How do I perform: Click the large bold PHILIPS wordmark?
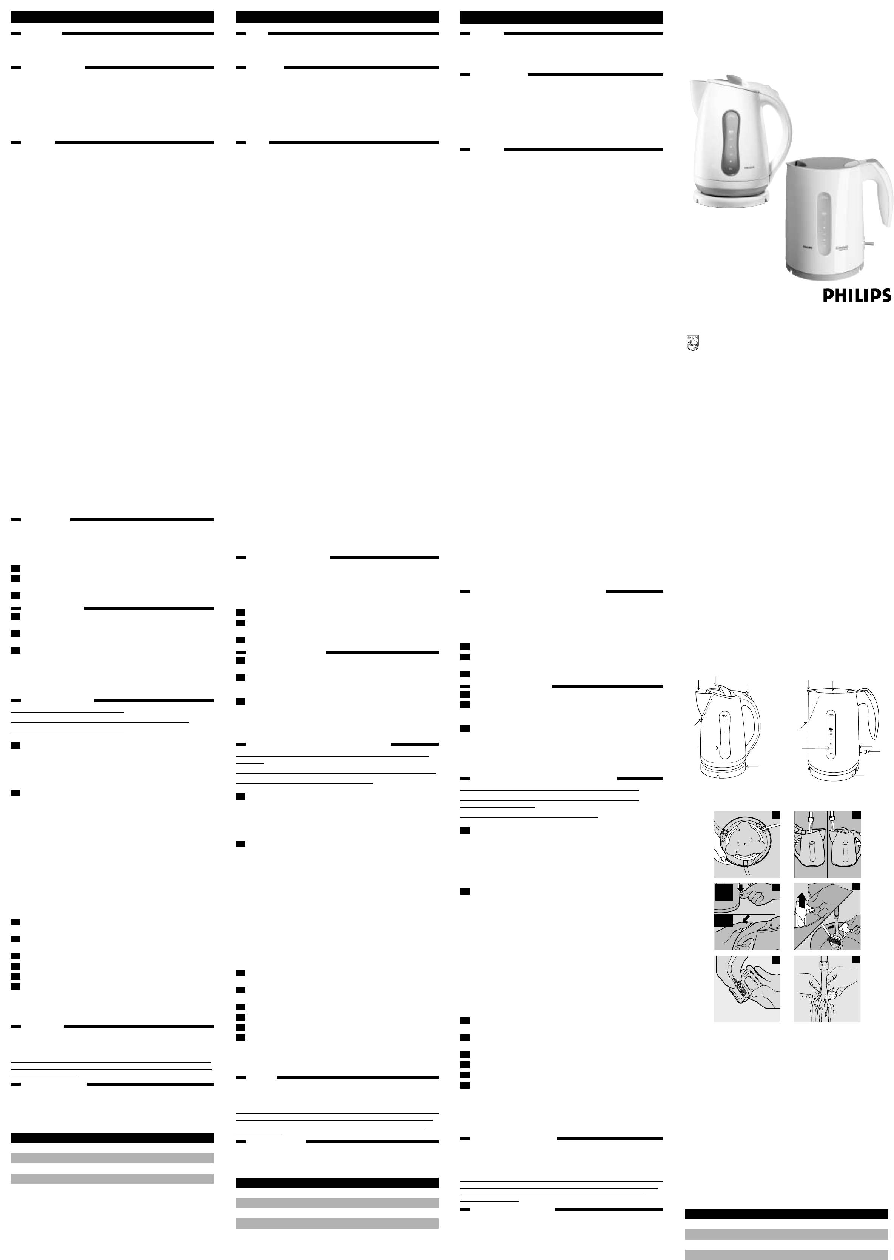[857, 296]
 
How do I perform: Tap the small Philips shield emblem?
[692, 342]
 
